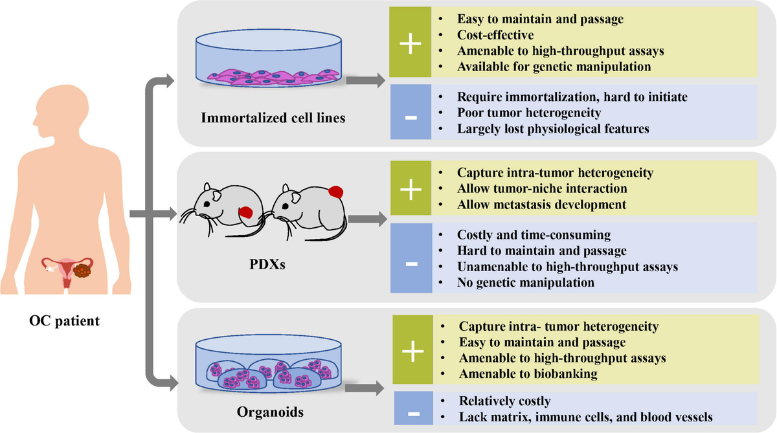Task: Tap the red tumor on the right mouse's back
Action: (335, 192)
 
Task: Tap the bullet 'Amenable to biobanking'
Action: (528, 373)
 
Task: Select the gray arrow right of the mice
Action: (367, 219)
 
